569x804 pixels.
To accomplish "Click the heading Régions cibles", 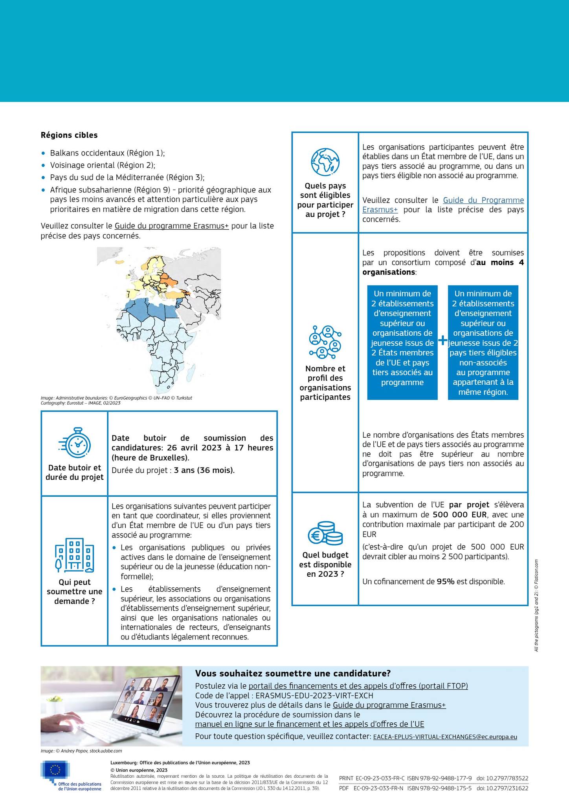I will (x=69, y=135).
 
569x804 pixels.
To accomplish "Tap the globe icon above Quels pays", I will (x=325, y=162).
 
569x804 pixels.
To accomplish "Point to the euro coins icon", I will (x=325, y=533).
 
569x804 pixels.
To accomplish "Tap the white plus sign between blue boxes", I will (x=443, y=340).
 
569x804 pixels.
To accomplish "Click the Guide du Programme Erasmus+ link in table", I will (x=443, y=205).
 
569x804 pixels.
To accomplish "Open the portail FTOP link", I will (x=358, y=686).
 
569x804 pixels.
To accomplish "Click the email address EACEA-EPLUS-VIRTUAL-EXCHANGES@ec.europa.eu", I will (x=445, y=737).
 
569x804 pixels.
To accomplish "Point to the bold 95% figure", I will (x=446, y=581).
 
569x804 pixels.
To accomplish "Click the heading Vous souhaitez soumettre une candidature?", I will (x=293, y=674).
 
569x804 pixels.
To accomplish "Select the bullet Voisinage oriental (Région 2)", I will (x=103, y=165).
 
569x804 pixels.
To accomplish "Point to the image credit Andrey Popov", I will (x=81, y=751).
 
